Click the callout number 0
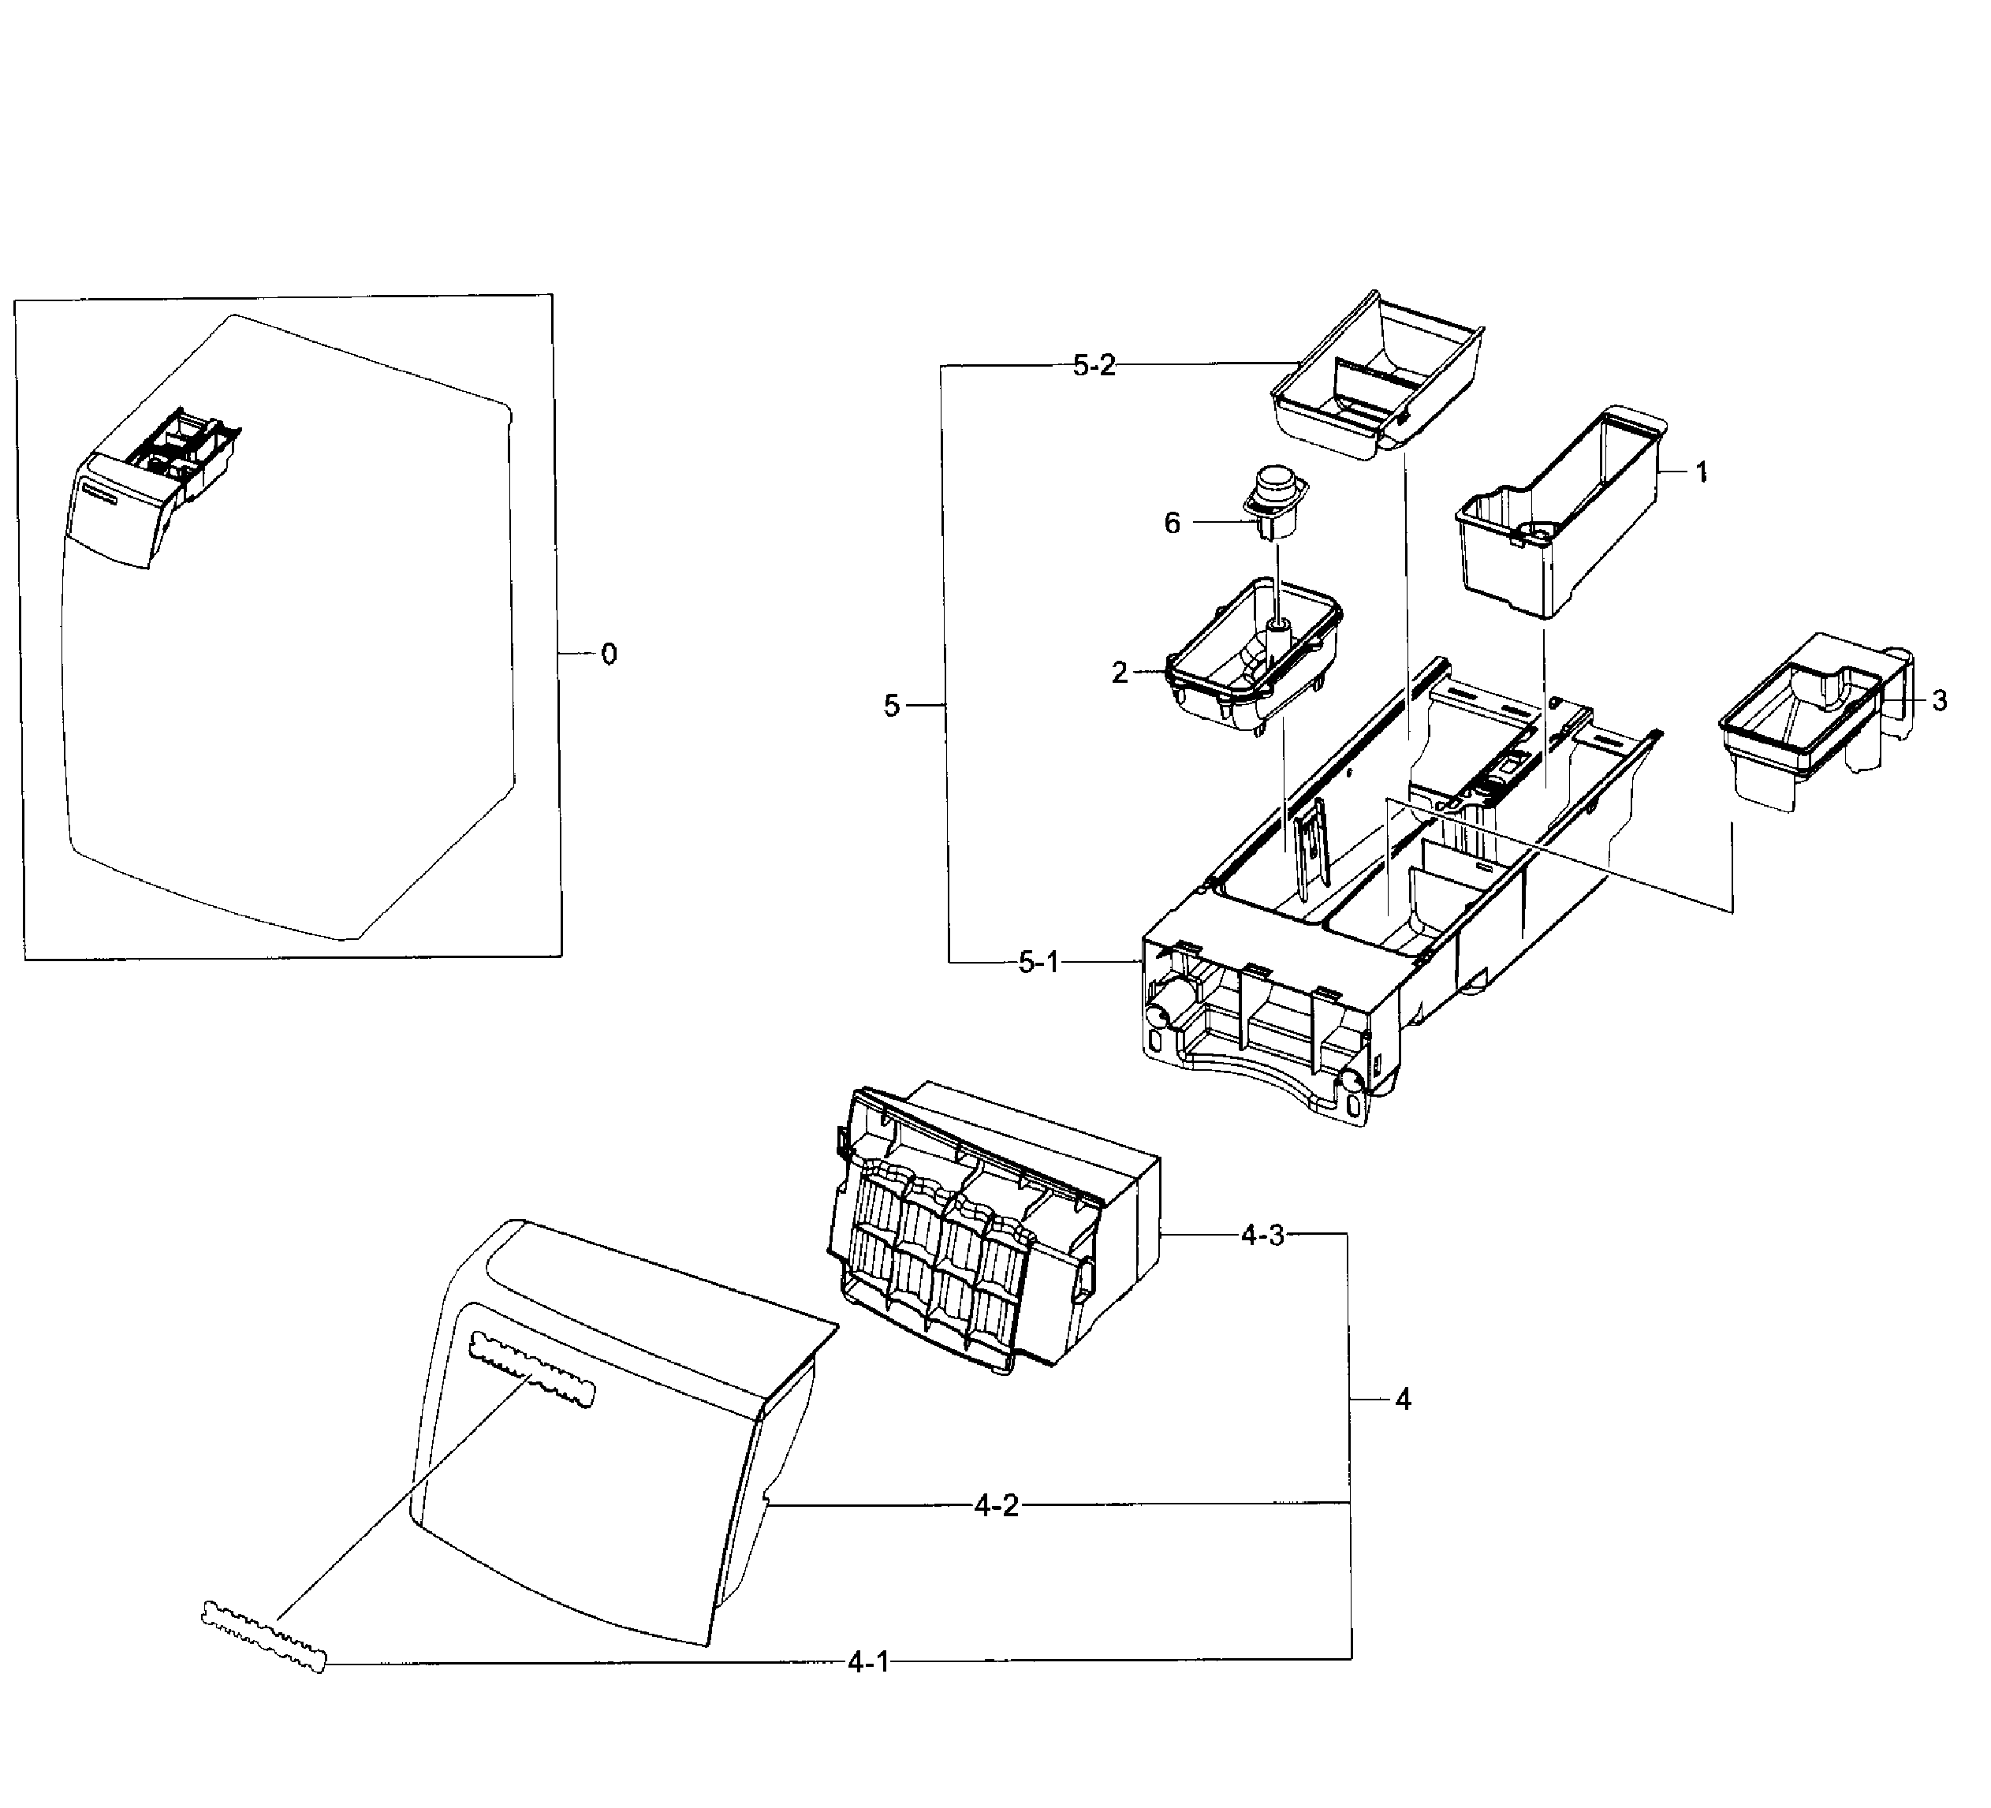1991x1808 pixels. click(x=610, y=654)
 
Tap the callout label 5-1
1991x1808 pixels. click(x=1038, y=963)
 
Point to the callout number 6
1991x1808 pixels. click(x=1173, y=524)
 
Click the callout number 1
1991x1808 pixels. click(x=1702, y=473)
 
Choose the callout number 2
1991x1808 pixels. click(x=1119, y=673)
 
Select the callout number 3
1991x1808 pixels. click(x=1940, y=701)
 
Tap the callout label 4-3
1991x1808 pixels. click(x=1262, y=1236)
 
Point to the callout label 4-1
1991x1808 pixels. click(x=868, y=1663)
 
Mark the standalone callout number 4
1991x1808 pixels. click(x=1403, y=1400)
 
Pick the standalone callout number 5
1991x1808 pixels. click(x=892, y=706)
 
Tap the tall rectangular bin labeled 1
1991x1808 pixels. click(x=1560, y=513)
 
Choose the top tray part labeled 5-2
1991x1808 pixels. click(x=1378, y=380)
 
